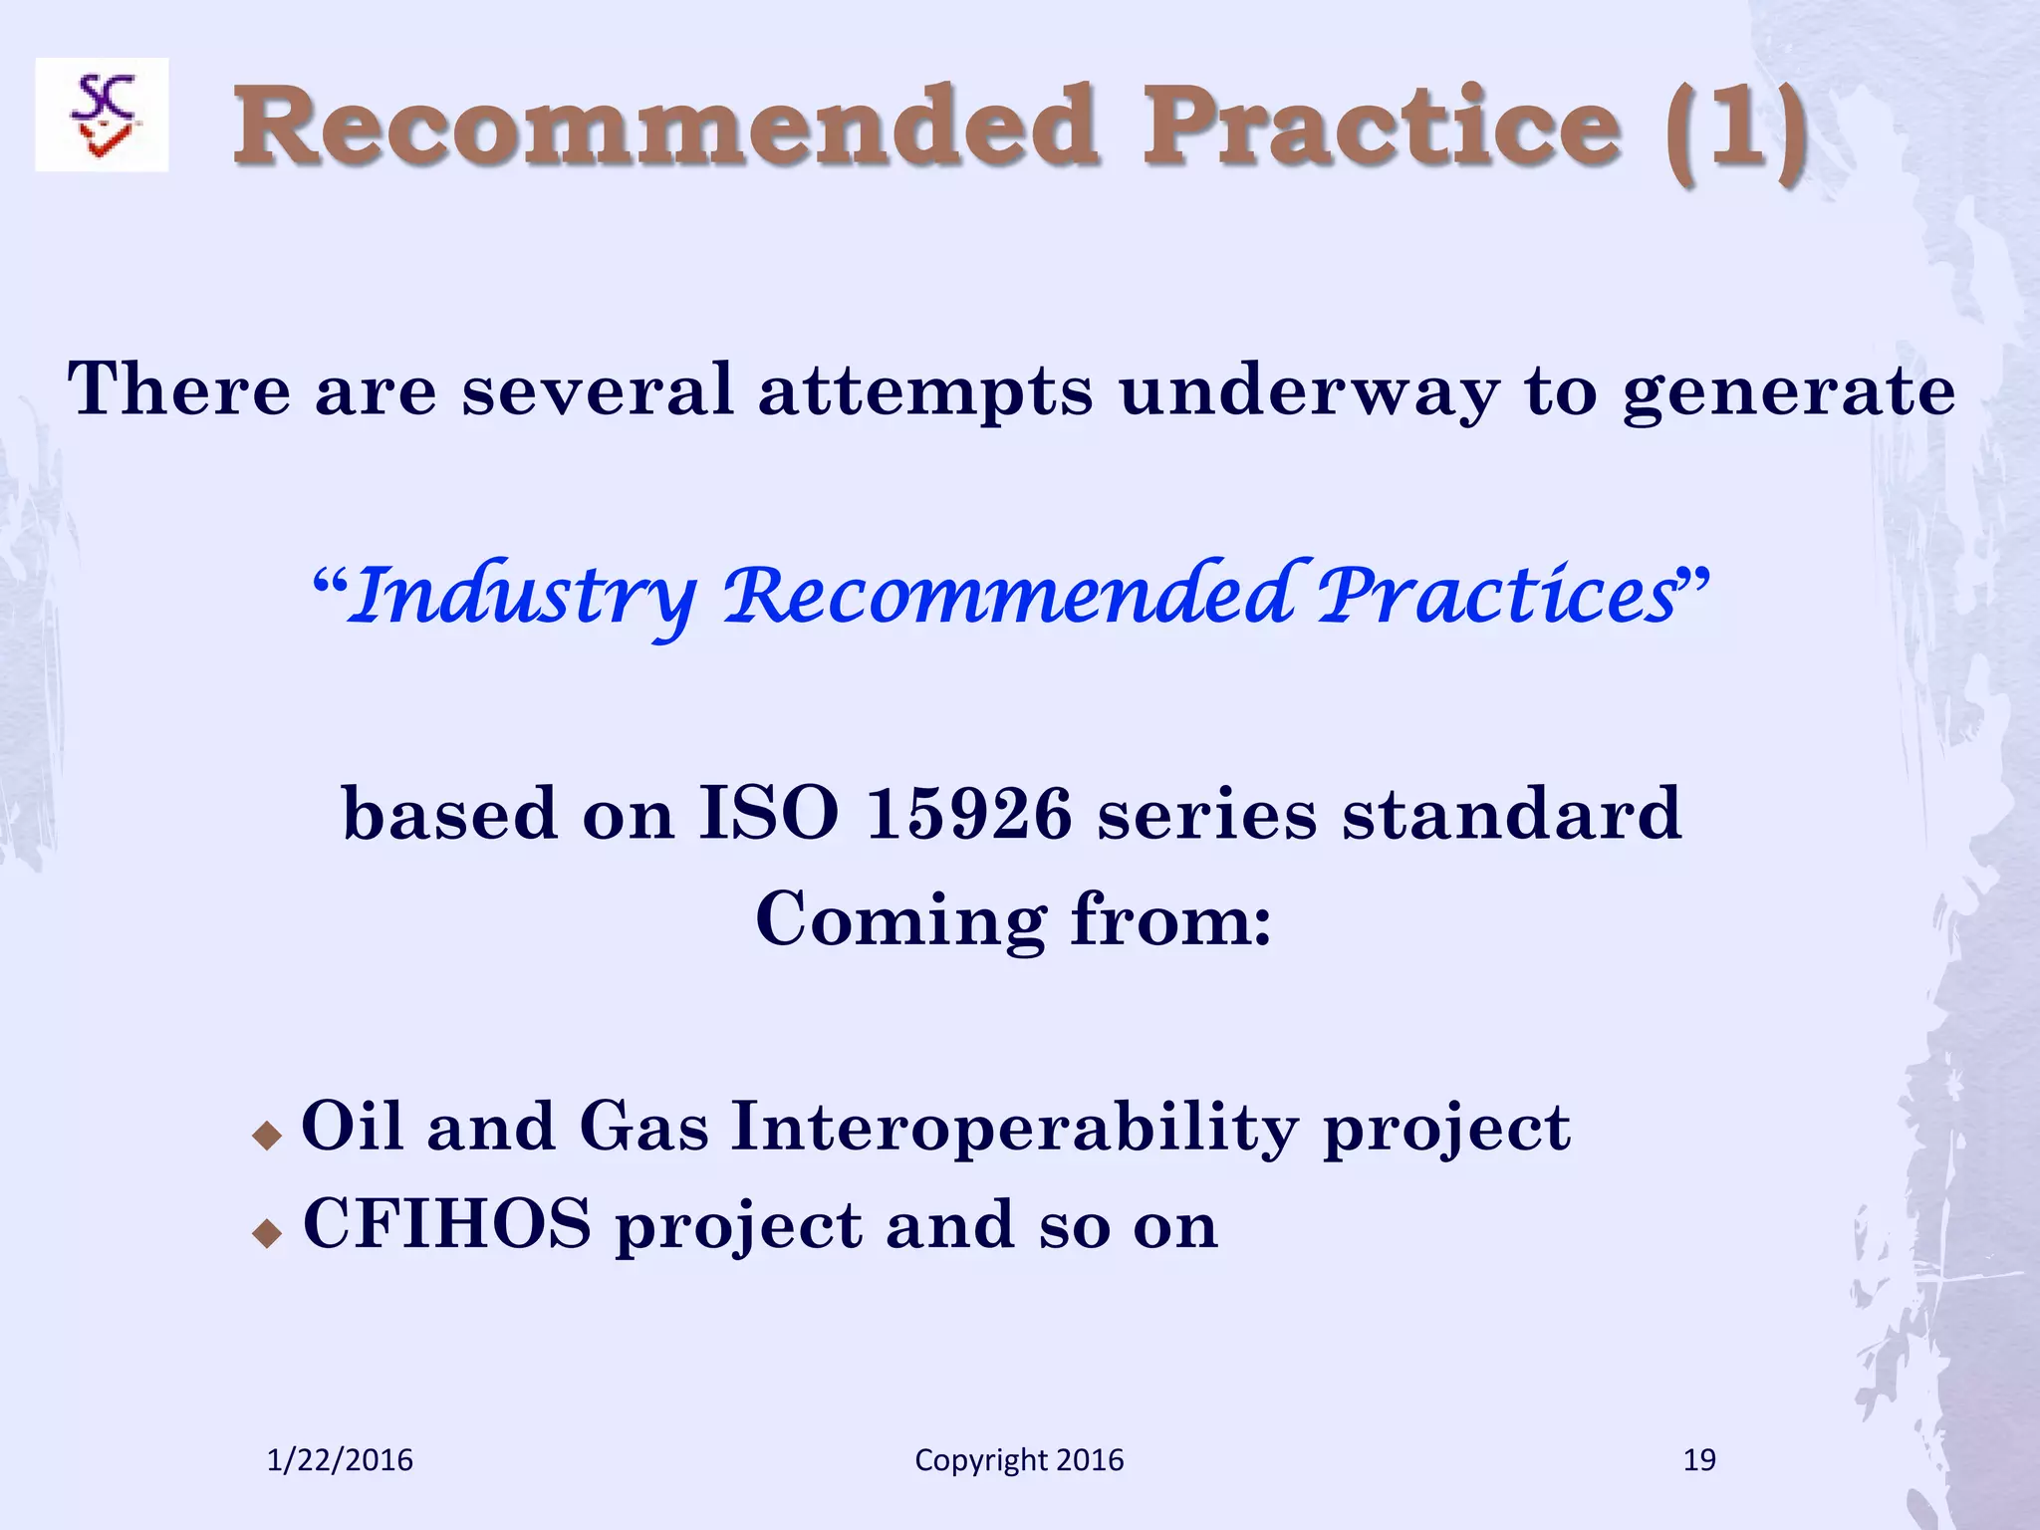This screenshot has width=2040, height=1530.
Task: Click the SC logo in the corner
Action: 102,115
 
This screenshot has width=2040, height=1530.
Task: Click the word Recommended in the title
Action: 665,127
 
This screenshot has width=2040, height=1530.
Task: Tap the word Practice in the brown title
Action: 1382,127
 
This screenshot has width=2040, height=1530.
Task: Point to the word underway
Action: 1308,389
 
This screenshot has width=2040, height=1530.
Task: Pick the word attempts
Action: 925,391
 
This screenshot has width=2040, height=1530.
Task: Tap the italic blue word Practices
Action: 1497,595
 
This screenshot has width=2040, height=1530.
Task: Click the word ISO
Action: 768,814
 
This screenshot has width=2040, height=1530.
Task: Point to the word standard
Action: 1512,814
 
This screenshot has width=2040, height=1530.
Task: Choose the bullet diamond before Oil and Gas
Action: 267,1135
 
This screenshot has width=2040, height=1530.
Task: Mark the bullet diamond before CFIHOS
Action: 267,1234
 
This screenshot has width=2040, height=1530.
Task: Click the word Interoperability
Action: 1015,1129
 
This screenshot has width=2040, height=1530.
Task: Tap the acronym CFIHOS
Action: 447,1224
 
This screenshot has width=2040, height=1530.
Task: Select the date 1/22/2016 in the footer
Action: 340,1460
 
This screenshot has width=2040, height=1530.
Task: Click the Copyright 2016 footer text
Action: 1019,1460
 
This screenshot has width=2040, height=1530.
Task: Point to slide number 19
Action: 1699,1460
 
